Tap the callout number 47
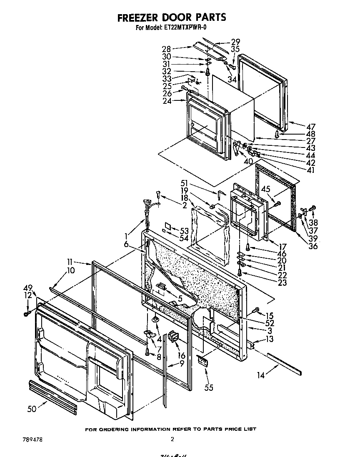tap(310, 127)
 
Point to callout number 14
tap(261, 375)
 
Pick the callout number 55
tap(209, 387)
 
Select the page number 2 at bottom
tap(172, 439)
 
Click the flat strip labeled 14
tap(283, 362)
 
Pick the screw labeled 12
tap(27, 313)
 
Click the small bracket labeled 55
tap(203, 360)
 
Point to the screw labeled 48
tap(277, 133)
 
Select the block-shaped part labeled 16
tap(172, 336)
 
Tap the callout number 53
tap(184, 230)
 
